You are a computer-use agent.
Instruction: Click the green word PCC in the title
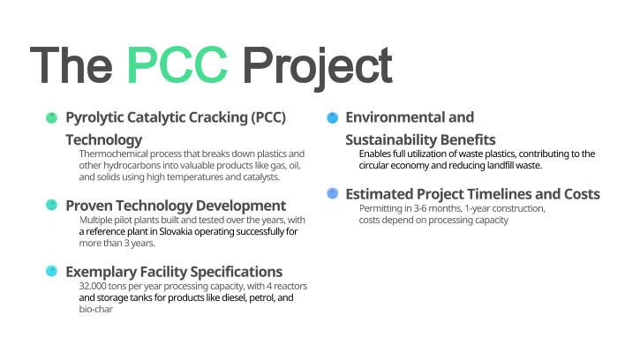pos(177,64)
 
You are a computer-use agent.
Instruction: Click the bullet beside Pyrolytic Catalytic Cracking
pos(51,117)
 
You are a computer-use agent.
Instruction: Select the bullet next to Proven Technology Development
pos(51,205)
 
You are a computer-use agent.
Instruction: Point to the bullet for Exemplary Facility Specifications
pos(51,271)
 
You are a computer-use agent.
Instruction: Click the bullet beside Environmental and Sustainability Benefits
pos(333,117)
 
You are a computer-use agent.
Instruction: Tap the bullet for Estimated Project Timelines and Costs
pos(333,193)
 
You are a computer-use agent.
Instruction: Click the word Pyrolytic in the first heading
pos(94,117)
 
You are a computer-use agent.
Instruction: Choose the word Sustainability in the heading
pos(389,139)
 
